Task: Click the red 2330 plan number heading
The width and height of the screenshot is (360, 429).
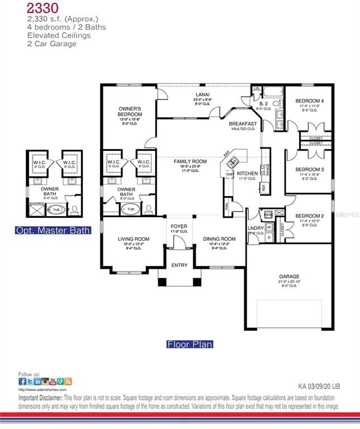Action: tap(42, 8)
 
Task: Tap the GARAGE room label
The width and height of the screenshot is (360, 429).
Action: tap(289, 276)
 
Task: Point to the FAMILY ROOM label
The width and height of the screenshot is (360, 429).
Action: tap(190, 161)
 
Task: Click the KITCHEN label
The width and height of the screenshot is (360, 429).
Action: tap(247, 174)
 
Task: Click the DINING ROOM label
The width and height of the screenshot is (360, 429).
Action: tap(219, 239)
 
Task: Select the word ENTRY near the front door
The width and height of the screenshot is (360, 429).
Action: tap(179, 265)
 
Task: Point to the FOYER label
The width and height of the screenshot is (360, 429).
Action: tap(179, 226)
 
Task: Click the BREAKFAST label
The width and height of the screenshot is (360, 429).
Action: tap(243, 124)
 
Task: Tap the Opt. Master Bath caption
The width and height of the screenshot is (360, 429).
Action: tap(53, 230)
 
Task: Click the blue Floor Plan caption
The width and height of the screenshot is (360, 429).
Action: tap(190, 345)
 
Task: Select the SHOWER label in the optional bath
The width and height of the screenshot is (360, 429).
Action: tap(35, 203)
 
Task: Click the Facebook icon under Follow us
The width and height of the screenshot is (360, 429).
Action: tap(22, 382)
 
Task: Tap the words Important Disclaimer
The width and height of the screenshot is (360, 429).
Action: tap(40, 398)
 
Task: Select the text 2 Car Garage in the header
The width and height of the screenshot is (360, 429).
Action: tap(51, 44)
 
